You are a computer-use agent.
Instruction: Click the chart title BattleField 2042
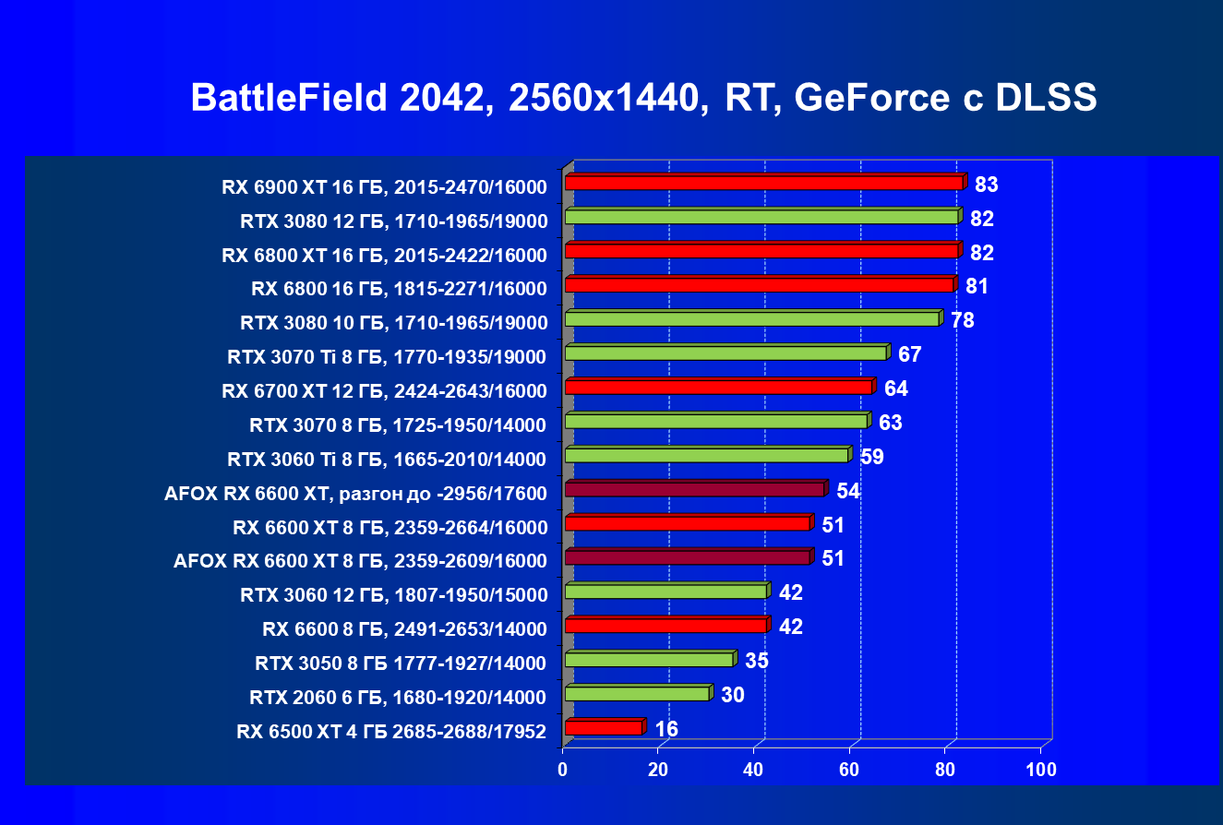point(643,98)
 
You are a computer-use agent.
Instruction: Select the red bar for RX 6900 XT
point(764,183)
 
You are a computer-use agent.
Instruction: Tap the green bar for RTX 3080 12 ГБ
point(761,217)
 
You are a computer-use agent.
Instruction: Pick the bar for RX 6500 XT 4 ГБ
point(604,728)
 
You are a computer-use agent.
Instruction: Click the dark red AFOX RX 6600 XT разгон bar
point(694,489)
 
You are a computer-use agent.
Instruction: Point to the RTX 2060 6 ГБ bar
point(637,694)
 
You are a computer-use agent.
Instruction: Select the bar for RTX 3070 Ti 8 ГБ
point(725,353)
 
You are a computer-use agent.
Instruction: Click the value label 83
point(986,185)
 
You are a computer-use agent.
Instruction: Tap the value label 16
point(666,729)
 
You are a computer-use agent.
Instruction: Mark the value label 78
point(962,320)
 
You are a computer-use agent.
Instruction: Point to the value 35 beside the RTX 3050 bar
point(757,661)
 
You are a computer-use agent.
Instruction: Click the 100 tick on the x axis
point(1041,770)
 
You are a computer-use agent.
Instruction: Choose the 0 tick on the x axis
point(563,770)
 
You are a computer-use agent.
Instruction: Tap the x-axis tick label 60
point(850,770)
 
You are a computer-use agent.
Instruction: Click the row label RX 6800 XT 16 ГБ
point(385,255)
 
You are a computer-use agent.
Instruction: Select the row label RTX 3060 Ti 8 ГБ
point(387,459)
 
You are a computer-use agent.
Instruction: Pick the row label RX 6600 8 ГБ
point(404,629)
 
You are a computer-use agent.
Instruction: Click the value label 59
point(872,457)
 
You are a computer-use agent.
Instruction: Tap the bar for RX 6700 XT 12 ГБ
point(718,387)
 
